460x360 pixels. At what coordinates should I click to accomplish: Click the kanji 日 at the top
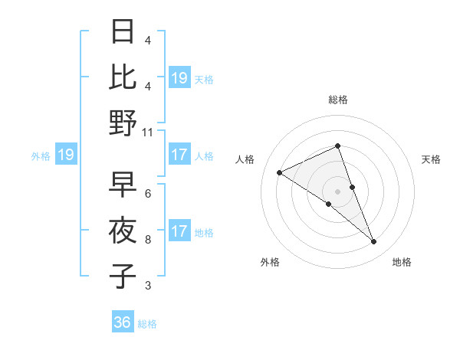(x=123, y=32)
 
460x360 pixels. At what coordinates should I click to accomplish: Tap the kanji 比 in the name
(x=123, y=77)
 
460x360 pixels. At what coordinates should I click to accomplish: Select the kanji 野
(x=123, y=123)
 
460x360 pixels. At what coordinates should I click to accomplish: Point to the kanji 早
(x=123, y=184)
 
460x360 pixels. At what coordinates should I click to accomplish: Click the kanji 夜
(x=123, y=231)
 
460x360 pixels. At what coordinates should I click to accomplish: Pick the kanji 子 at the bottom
(x=123, y=276)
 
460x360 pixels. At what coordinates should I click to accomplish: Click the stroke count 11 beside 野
(x=149, y=132)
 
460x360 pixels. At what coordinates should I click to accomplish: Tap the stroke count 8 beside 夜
(x=148, y=240)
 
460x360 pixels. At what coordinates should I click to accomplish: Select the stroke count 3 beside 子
(x=148, y=286)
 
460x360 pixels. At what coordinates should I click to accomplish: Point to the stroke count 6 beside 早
(x=148, y=194)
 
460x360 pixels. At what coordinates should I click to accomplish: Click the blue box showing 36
(x=123, y=322)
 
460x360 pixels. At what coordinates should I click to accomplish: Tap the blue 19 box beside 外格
(x=65, y=155)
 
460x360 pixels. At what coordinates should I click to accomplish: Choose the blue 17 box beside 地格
(x=179, y=231)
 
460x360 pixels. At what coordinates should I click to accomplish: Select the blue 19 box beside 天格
(x=179, y=78)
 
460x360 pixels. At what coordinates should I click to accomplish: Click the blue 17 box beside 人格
(x=179, y=155)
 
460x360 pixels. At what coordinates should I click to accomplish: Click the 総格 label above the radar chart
(x=338, y=100)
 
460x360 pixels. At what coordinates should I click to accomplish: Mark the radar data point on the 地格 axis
(x=374, y=242)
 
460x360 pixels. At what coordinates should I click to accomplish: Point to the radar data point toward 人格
(x=279, y=172)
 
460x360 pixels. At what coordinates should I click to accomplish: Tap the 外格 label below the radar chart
(x=270, y=263)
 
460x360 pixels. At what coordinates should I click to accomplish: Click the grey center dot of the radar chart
(x=337, y=191)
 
